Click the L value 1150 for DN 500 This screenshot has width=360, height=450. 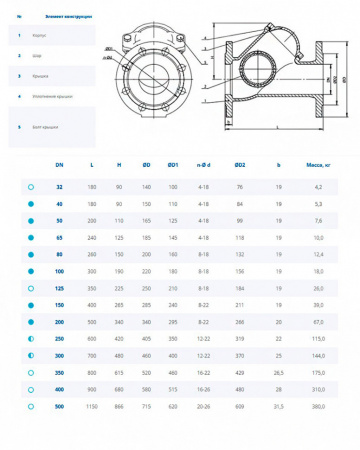[93, 407]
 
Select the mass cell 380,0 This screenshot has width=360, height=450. [317, 407]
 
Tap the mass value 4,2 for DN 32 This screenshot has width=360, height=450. [317, 187]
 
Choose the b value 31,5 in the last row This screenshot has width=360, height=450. [279, 407]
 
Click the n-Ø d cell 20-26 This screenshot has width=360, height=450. [204, 407]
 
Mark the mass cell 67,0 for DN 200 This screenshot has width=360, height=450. [317, 322]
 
